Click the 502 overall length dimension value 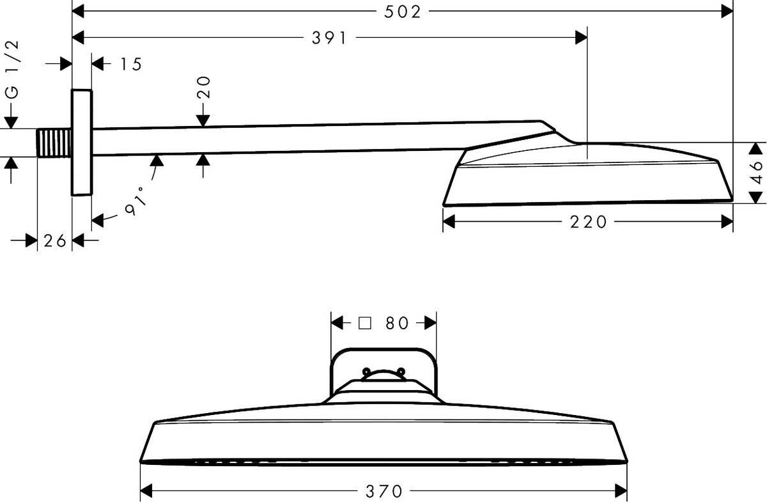pos(402,12)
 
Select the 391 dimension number pos(329,38)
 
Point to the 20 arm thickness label pos(204,87)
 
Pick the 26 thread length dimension pos(54,240)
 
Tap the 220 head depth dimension pos(587,222)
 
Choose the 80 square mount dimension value pos(396,323)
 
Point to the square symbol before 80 pos(364,323)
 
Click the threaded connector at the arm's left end pos(54,142)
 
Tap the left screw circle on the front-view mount pos(366,371)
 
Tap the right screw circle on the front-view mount pos(401,371)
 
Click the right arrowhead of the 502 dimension pos(727,11)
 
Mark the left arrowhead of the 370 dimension pos(146,491)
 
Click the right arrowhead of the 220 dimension pos(727,222)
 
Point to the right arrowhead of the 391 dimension pos(581,38)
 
